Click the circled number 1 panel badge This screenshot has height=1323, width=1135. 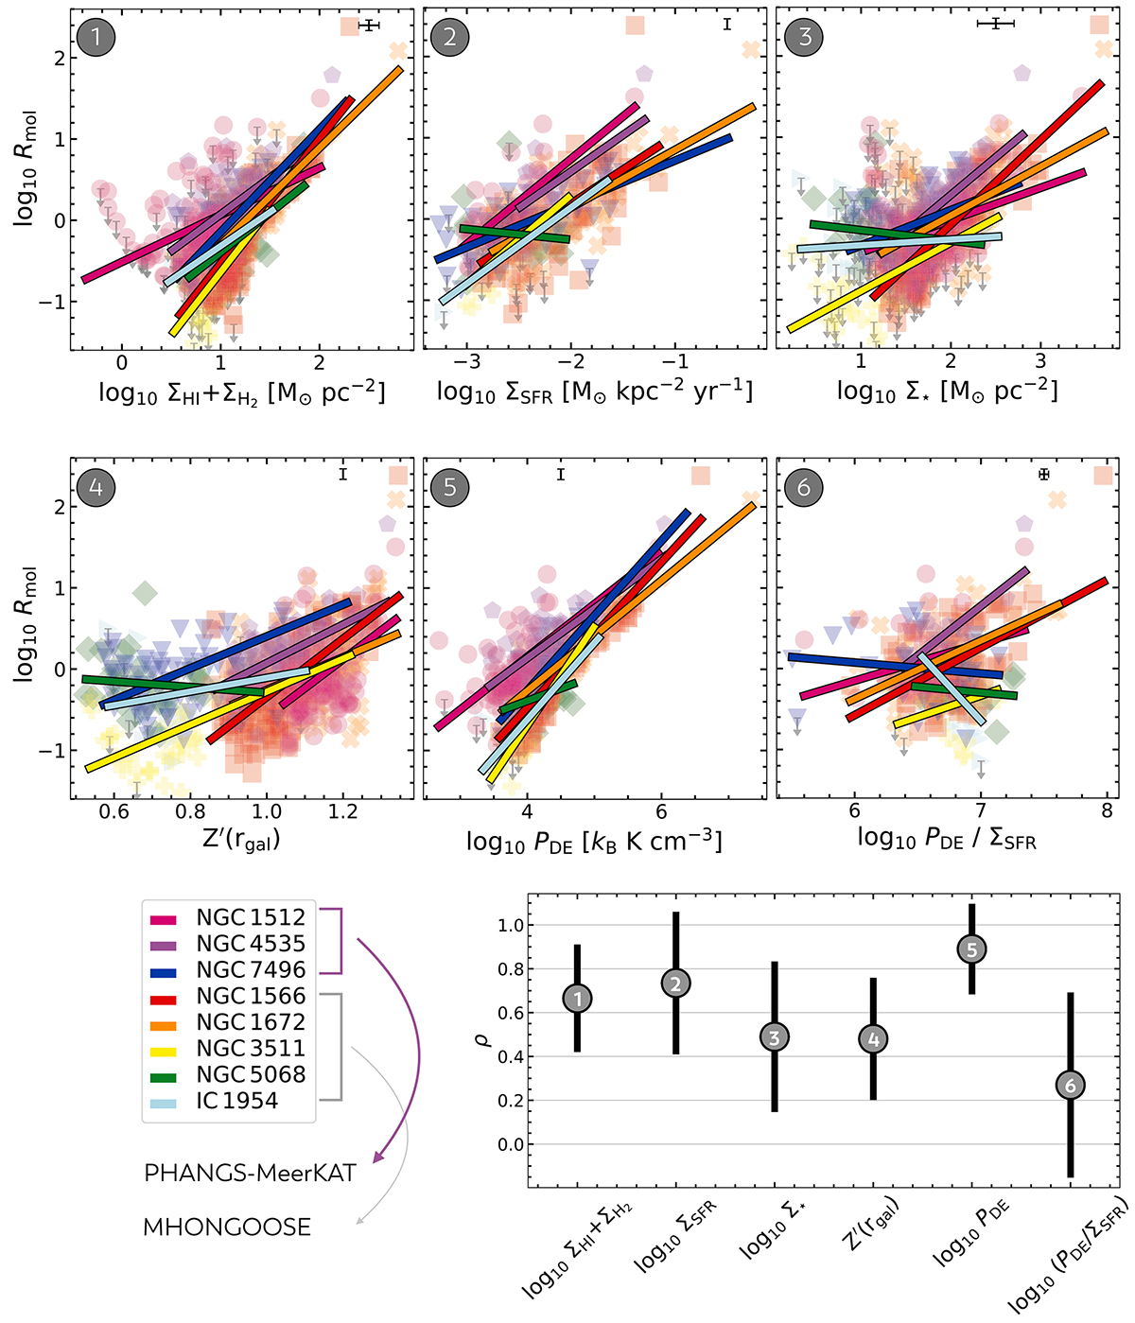(96, 37)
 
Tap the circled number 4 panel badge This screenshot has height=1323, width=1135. (96, 487)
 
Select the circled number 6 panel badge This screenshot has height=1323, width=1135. (804, 487)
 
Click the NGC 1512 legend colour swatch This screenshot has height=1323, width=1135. (164, 918)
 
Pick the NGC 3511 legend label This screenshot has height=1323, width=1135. (251, 1049)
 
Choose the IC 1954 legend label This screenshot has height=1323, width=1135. (236, 1101)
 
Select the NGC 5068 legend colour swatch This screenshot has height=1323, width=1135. (164, 1075)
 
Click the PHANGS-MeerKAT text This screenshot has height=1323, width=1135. (250, 1174)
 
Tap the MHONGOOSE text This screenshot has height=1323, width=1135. (227, 1227)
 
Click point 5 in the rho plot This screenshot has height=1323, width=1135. (971, 949)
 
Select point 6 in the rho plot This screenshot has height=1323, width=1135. (1071, 1086)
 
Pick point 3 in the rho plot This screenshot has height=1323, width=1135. (774, 1037)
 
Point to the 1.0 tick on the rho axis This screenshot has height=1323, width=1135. (511, 925)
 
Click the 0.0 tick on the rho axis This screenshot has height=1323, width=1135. (511, 1144)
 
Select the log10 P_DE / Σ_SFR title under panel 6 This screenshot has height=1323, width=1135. (947, 839)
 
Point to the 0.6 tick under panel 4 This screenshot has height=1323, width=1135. (114, 811)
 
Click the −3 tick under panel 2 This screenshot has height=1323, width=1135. (467, 363)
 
